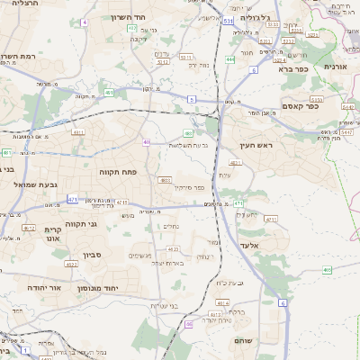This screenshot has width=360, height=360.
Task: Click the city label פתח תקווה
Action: [x=117, y=169]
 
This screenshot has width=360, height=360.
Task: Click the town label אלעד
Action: [x=250, y=244]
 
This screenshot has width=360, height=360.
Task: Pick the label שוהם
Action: [x=242, y=341]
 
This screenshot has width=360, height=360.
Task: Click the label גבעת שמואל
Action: [x=36, y=184]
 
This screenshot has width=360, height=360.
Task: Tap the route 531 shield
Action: [x=229, y=20]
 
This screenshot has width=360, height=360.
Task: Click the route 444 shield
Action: [x=230, y=59]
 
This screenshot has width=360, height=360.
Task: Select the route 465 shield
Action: [x=327, y=269]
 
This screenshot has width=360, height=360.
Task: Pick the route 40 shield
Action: [x=146, y=141]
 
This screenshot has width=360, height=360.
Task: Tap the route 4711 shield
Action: [x=270, y=219]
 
